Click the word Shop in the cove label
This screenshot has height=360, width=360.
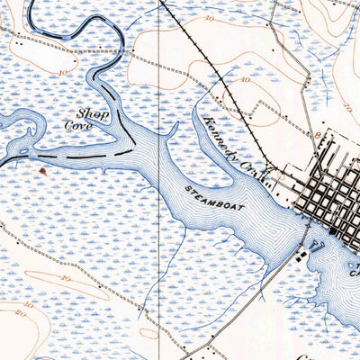pyautogui.click(x=87, y=113)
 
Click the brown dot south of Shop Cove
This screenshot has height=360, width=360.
pyautogui.click(x=41, y=168)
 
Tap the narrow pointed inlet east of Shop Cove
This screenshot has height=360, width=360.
pyautogui.click(x=169, y=133)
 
